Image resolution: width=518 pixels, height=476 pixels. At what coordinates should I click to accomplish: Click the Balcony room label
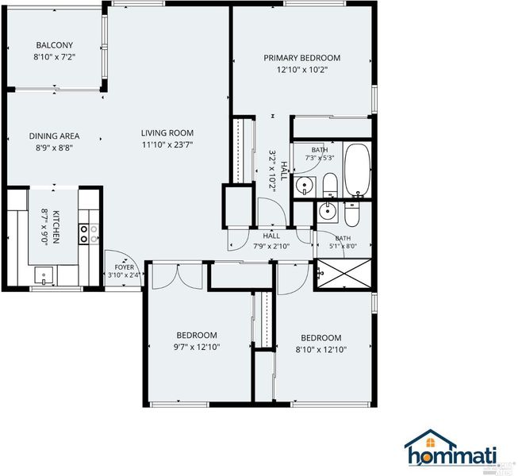click(55, 45)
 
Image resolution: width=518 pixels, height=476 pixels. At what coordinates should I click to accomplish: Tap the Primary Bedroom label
click(302, 58)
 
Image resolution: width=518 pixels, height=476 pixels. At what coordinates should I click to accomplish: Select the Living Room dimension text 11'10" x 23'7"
click(167, 144)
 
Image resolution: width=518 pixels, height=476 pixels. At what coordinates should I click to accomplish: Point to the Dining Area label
click(54, 136)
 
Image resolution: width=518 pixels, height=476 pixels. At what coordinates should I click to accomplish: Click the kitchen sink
click(44, 275)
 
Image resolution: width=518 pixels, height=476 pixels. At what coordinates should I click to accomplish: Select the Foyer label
click(125, 267)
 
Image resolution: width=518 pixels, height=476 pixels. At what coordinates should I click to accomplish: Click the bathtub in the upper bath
click(358, 170)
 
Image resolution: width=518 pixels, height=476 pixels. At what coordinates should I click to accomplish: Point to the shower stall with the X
click(344, 273)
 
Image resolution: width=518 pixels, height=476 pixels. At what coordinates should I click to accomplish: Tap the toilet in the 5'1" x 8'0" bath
click(351, 214)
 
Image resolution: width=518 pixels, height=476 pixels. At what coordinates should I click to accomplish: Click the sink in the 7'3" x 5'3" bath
click(305, 186)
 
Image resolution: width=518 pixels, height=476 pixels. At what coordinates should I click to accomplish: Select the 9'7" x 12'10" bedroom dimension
click(197, 347)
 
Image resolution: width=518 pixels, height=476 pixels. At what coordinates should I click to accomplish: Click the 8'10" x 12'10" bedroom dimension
click(321, 350)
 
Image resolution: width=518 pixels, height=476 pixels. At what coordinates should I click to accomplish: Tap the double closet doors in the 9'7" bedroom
click(177, 277)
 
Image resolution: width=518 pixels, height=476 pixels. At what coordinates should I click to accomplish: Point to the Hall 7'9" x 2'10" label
click(271, 241)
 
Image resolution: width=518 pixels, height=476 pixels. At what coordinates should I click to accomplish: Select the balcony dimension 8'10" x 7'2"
click(55, 57)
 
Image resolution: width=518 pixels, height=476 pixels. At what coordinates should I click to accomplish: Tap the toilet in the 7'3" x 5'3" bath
click(330, 185)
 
